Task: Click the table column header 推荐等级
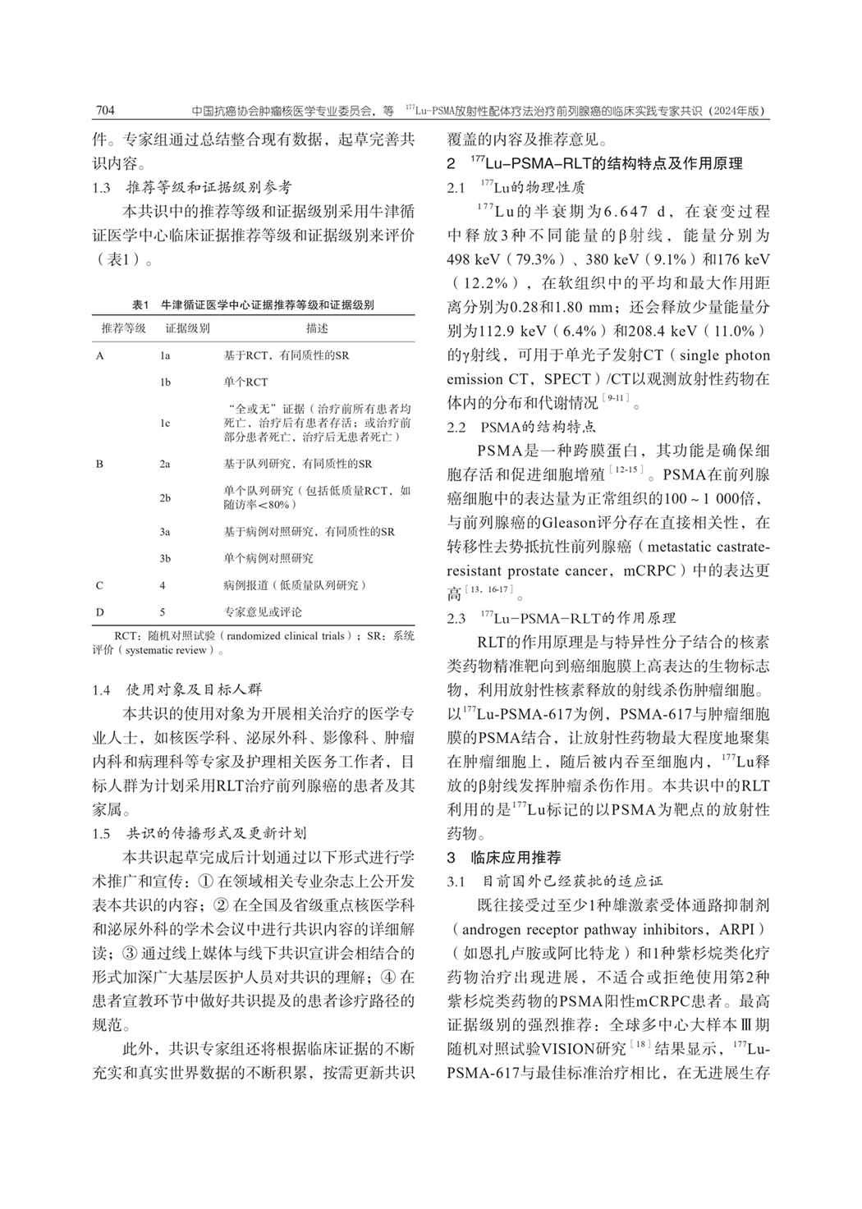pos(123,328)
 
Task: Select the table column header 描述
pos(317,328)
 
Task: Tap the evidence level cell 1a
pos(165,356)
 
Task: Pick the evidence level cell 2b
pos(165,498)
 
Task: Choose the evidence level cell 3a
pos(165,532)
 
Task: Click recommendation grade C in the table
pos(100,585)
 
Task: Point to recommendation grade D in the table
pos(100,611)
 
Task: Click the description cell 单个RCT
pos(245,382)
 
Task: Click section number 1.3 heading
pos(102,188)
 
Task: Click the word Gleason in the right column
pos(566,522)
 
